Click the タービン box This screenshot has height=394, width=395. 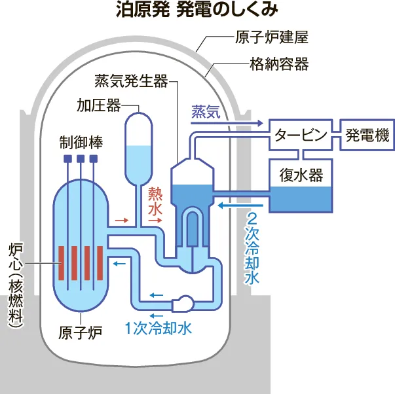click(299, 135)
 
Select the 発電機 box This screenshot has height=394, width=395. click(367, 135)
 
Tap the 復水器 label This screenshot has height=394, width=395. click(301, 175)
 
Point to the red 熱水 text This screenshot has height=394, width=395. click(155, 200)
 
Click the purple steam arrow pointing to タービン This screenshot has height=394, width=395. click(242, 123)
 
